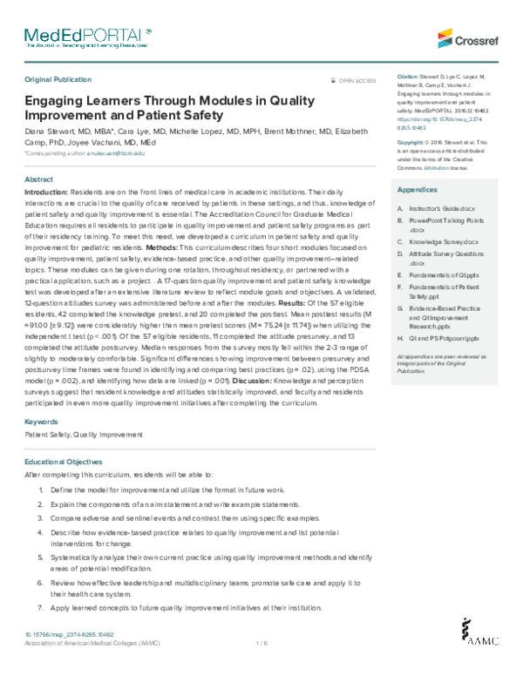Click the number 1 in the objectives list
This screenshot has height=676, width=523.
pos(41,490)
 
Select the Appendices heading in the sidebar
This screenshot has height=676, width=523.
pos(416,189)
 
